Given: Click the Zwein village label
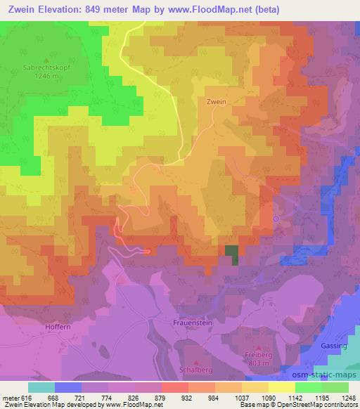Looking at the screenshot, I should point(217,101).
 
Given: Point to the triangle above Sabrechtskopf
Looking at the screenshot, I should point(47,60).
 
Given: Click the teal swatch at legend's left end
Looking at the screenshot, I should point(41,387).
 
